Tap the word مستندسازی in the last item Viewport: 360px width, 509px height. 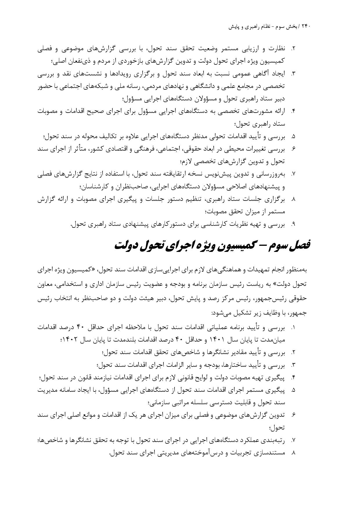pos(271,453)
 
